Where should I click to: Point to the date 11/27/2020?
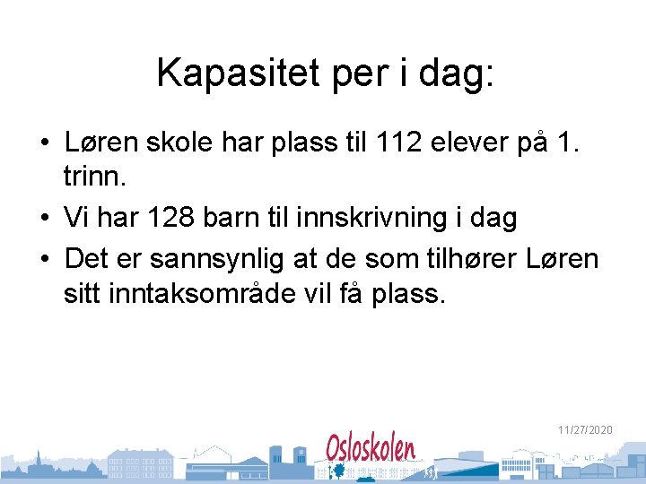point(585,430)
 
